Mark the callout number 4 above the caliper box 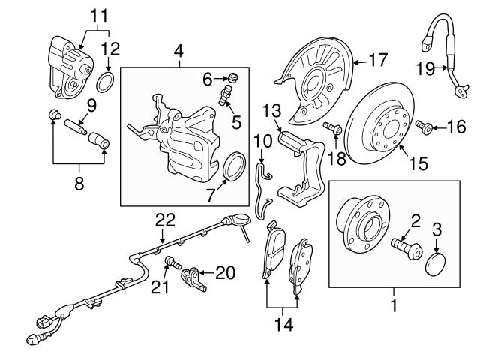click(x=178, y=51)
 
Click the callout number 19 click(x=425, y=69)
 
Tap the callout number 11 click(x=99, y=13)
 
